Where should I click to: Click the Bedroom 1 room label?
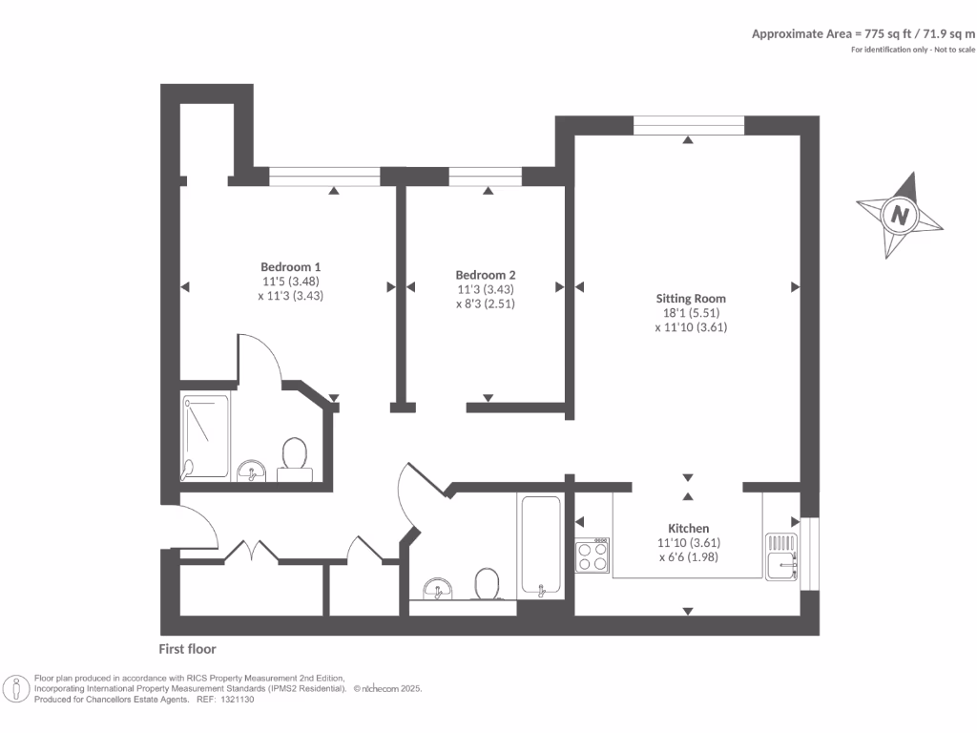coord(290,266)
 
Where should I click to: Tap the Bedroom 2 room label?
coord(486,275)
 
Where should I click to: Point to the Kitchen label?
coord(688,528)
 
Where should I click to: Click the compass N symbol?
coord(899,215)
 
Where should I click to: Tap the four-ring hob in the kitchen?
coord(592,555)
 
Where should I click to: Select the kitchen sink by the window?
coord(782,557)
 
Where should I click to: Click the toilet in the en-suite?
coord(293,454)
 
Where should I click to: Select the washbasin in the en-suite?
coord(252,470)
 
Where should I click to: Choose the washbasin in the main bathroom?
coord(438,586)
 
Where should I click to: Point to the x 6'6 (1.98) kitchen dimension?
coord(688,557)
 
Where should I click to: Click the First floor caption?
coord(187,649)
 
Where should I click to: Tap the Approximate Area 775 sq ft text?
coord(863,33)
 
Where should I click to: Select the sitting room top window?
coord(688,124)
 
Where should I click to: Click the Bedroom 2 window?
coord(486,176)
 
